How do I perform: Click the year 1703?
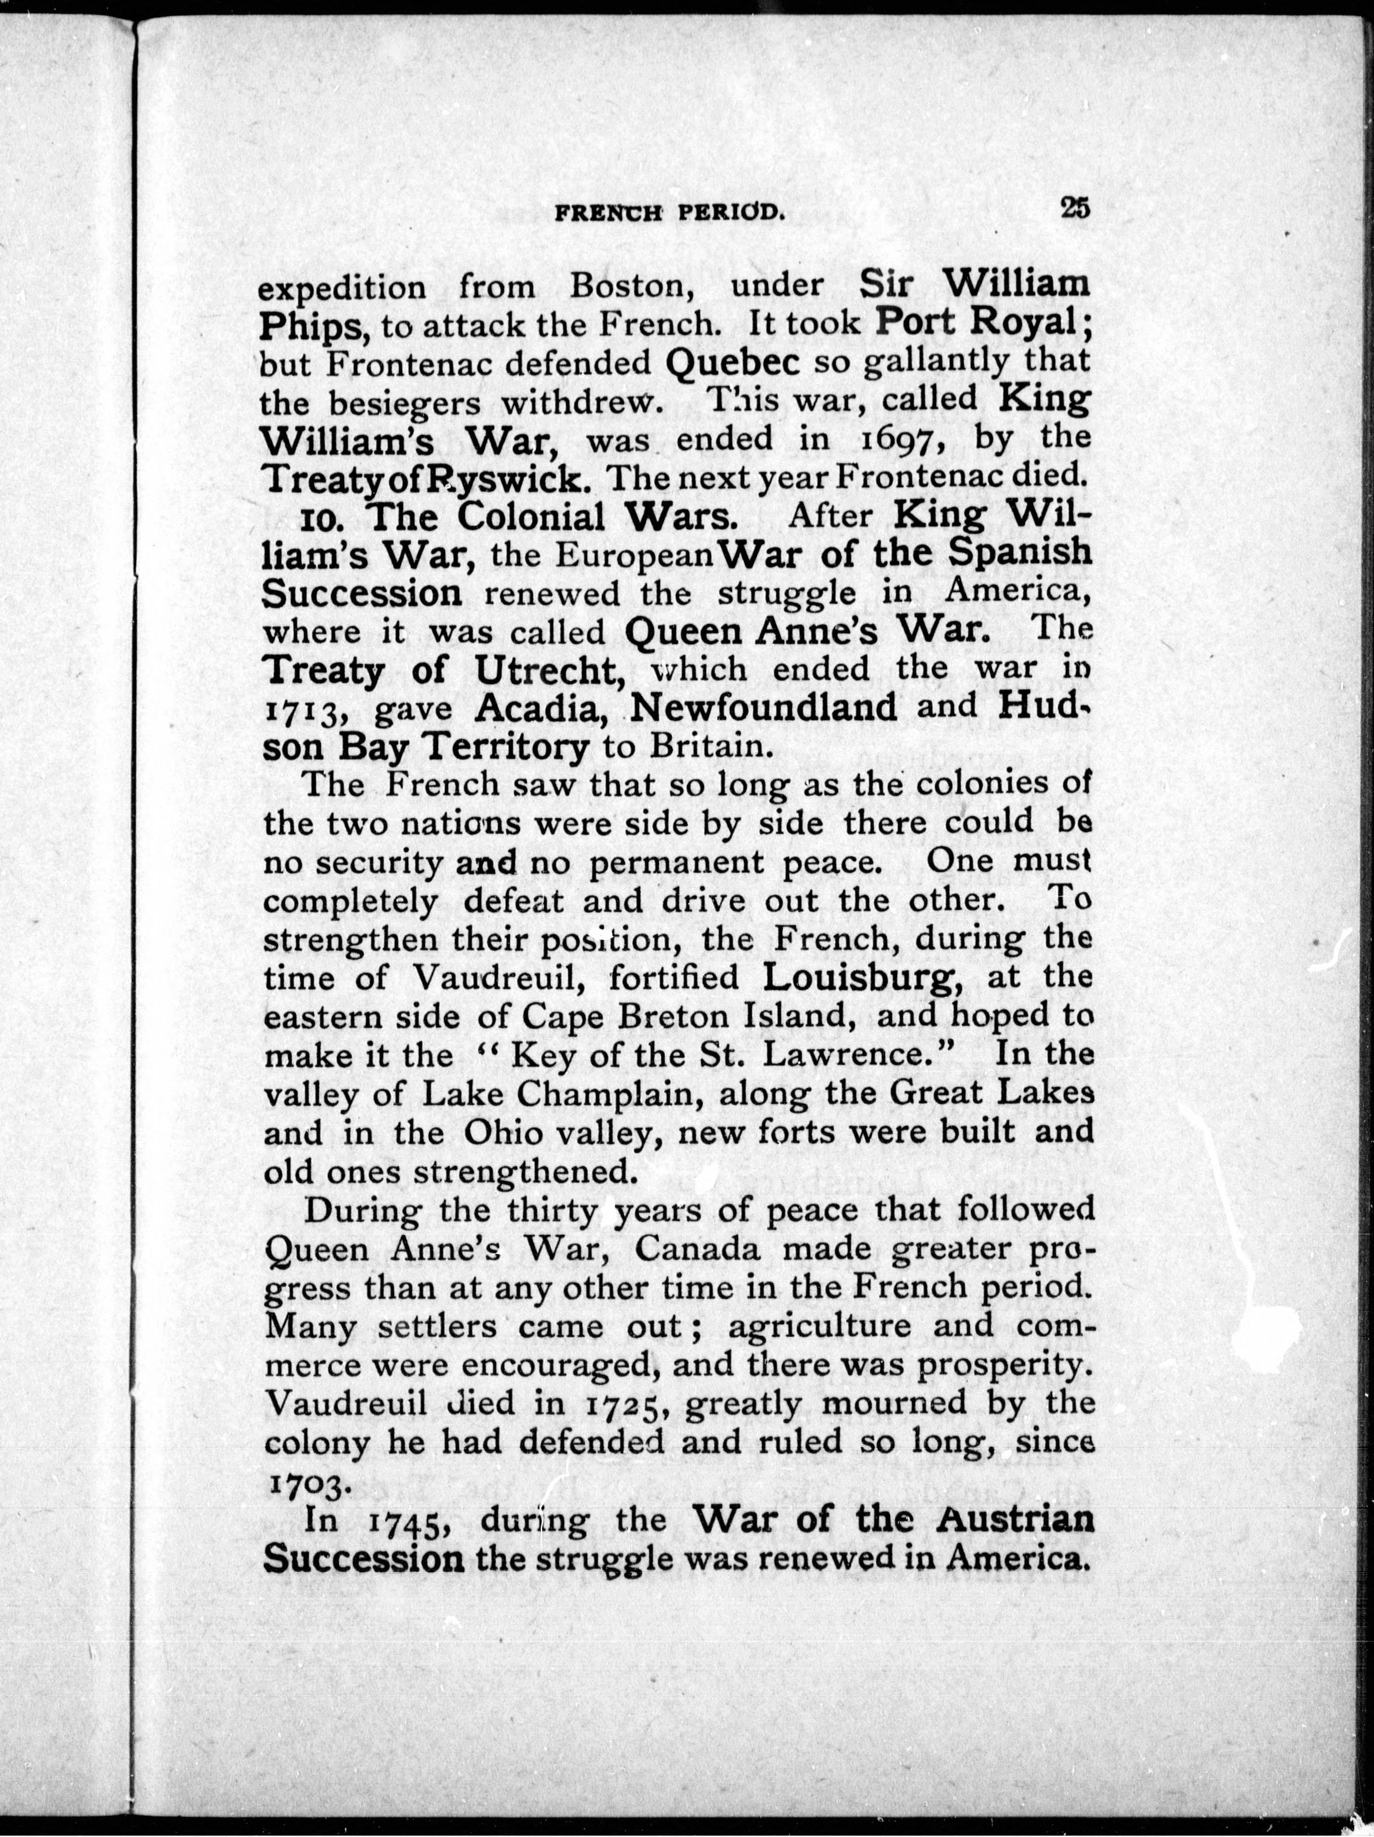pyautogui.click(x=308, y=1484)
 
